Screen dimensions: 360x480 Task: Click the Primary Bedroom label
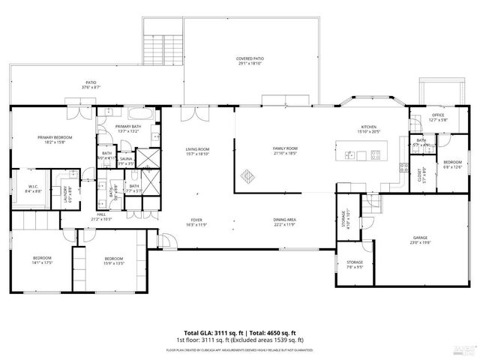point(55,140)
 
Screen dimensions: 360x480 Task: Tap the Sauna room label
point(126,160)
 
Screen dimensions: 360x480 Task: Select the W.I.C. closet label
point(33,188)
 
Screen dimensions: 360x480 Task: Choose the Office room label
point(437,117)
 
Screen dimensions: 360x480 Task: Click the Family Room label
point(285,151)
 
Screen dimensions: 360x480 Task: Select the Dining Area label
point(285,222)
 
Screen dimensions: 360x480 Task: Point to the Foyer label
point(197,222)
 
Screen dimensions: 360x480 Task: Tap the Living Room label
point(197,152)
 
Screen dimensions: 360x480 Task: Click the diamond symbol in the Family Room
point(247,178)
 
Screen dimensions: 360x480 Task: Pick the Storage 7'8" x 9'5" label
point(355,265)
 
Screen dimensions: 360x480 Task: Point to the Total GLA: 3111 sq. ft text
point(210,332)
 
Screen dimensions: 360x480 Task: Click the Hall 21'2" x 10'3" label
point(101,217)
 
